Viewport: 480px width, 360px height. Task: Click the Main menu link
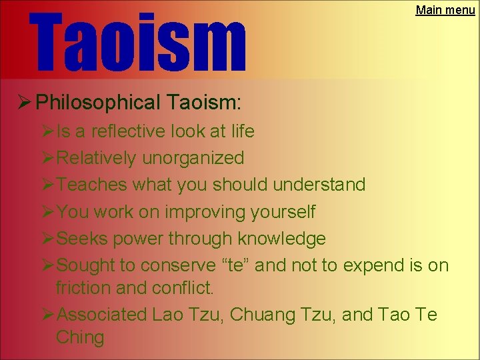(445, 10)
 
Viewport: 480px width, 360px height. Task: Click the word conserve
(179, 265)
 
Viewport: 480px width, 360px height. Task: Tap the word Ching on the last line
(80, 337)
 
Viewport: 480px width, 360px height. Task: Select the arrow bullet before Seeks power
(48, 238)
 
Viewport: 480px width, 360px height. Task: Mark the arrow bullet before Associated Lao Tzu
(48, 315)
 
